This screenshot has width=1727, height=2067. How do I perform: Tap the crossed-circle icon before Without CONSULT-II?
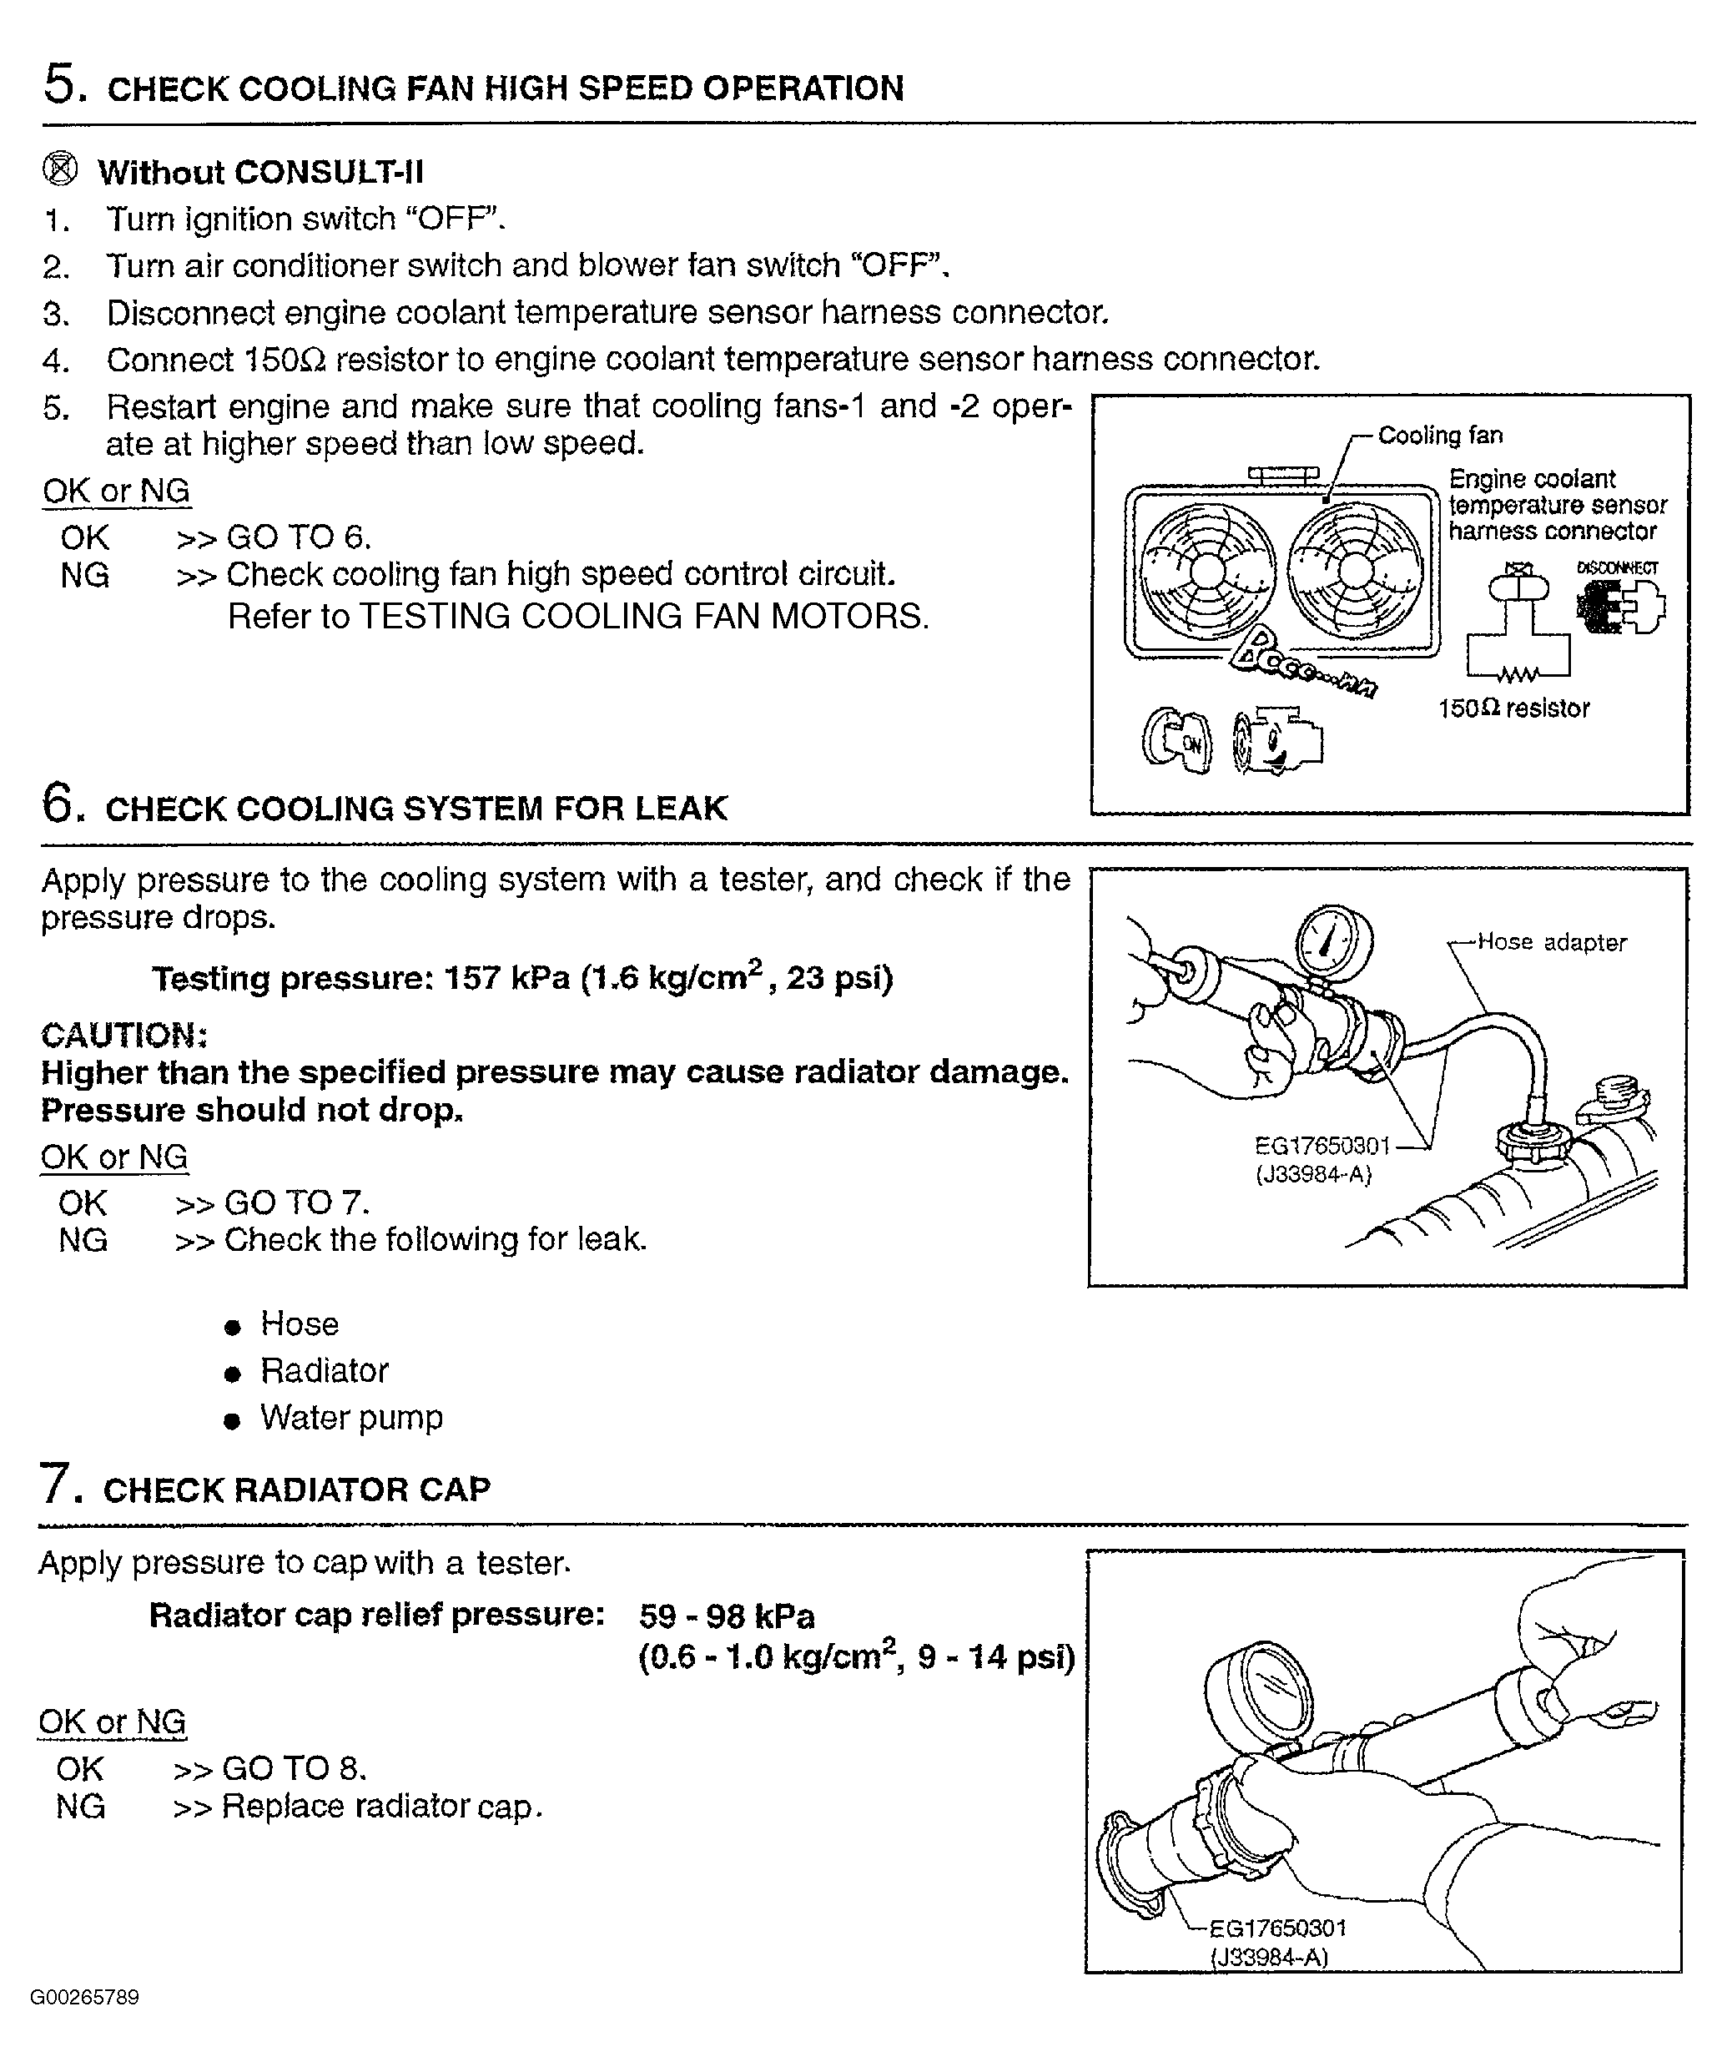[x=60, y=169]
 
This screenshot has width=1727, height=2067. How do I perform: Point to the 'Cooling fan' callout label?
[x=1440, y=435]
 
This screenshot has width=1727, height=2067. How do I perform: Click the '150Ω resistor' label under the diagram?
[x=1513, y=708]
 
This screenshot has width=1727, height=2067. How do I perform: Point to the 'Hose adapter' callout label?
[x=1552, y=942]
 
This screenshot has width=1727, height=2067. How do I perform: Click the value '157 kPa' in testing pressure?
[x=506, y=978]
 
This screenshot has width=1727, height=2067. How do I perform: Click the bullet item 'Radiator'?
[x=324, y=1369]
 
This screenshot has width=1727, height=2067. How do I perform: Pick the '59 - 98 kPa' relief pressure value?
[x=726, y=1616]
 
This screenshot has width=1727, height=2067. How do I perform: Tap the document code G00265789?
[x=84, y=1997]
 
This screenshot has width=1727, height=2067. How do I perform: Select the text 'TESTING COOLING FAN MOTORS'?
[x=643, y=616]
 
